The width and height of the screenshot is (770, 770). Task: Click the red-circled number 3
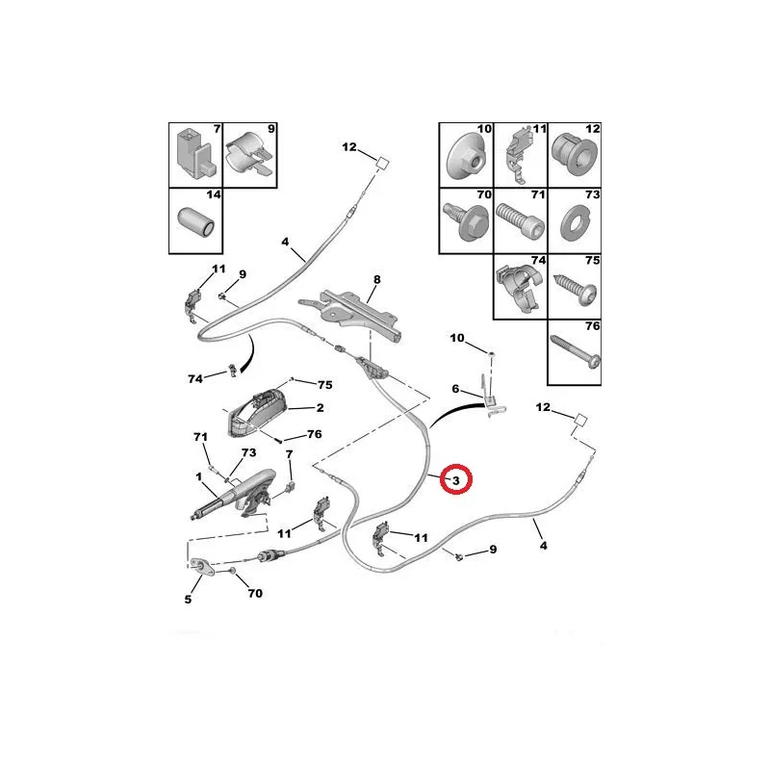[455, 480]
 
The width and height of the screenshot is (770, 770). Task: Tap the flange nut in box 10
[465, 157]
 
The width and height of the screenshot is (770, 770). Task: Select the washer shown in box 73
[575, 223]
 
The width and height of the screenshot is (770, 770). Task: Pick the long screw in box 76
[575, 351]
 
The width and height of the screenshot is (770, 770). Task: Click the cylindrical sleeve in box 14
[195, 223]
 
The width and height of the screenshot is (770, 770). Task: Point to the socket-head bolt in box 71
[520, 221]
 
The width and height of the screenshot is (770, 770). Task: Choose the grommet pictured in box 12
[575, 156]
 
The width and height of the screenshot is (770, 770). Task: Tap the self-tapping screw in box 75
[576, 290]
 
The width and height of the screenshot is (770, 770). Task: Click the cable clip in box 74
[521, 288]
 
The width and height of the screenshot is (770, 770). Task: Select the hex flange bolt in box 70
[465, 221]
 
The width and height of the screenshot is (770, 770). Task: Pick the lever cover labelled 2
[256, 412]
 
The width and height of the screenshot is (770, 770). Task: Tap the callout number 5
[188, 599]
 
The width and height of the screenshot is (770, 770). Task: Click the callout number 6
[455, 389]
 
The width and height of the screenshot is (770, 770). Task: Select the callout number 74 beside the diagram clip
[195, 378]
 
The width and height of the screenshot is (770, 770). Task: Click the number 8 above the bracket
[376, 279]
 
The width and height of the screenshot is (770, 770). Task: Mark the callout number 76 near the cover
[315, 434]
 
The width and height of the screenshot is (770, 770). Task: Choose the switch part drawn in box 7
[194, 154]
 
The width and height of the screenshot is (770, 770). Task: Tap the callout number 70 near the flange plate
[255, 593]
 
